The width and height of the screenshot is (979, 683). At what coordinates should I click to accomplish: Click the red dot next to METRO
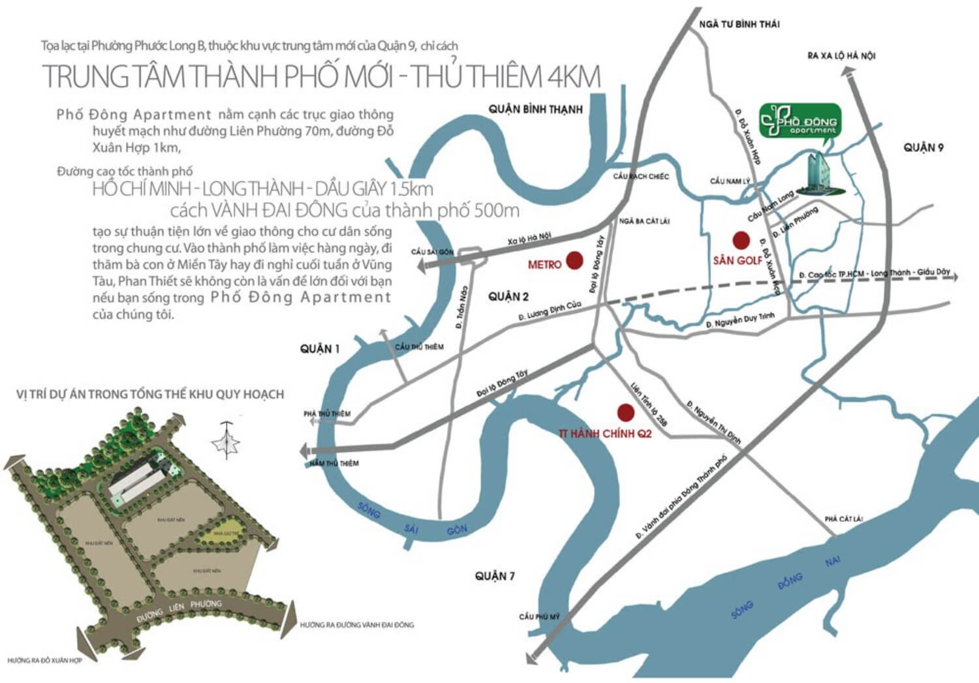click(x=574, y=261)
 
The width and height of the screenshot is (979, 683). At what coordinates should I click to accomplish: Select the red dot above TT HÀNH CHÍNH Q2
click(x=625, y=412)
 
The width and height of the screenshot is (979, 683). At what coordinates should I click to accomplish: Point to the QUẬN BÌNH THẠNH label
click(x=535, y=109)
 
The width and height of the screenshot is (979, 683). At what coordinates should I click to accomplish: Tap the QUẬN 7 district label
click(x=495, y=576)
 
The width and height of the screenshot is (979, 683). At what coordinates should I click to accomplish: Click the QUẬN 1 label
click(x=320, y=349)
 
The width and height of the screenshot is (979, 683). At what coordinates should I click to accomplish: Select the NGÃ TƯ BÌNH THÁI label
click(x=739, y=24)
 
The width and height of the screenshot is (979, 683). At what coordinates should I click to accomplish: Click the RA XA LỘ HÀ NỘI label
click(x=841, y=56)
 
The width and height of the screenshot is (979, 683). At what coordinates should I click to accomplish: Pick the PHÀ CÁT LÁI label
click(x=843, y=519)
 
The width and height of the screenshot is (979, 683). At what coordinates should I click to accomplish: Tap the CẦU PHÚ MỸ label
click(x=539, y=616)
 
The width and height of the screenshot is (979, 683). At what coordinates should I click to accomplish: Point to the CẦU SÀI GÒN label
click(x=432, y=252)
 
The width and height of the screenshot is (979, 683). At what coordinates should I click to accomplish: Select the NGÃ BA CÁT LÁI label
click(x=644, y=221)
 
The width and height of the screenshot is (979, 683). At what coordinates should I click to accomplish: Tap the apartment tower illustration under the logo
click(x=816, y=173)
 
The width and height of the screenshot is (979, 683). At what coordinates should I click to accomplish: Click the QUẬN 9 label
click(x=924, y=148)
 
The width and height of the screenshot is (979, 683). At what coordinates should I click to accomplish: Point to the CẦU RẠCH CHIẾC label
click(x=641, y=177)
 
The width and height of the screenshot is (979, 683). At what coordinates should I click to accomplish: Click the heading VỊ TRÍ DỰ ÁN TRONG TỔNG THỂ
click(x=150, y=394)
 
